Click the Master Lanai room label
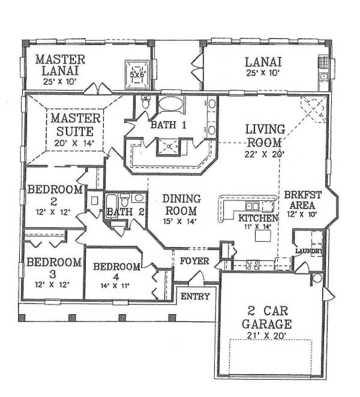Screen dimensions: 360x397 point(60,65)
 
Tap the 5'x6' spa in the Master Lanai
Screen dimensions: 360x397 point(137,74)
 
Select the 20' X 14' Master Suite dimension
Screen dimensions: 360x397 point(74,143)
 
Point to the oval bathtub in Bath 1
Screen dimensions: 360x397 point(170,104)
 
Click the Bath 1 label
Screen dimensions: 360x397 point(169,125)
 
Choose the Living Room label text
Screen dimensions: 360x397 point(265,136)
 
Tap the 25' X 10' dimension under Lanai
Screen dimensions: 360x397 point(263,73)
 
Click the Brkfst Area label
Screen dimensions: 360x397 point(302,200)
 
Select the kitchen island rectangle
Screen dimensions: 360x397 point(263,236)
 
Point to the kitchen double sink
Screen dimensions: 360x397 point(253,206)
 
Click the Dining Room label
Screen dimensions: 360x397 point(181,204)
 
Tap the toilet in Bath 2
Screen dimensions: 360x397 point(125,200)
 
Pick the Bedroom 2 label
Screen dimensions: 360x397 point(55,196)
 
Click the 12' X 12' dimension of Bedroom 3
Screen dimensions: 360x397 point(52,285)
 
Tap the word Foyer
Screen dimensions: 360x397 point(194,261)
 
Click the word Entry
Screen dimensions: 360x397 point(196,296)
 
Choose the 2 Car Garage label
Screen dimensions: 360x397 point(267,317)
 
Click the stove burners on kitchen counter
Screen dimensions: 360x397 point(253,265)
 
